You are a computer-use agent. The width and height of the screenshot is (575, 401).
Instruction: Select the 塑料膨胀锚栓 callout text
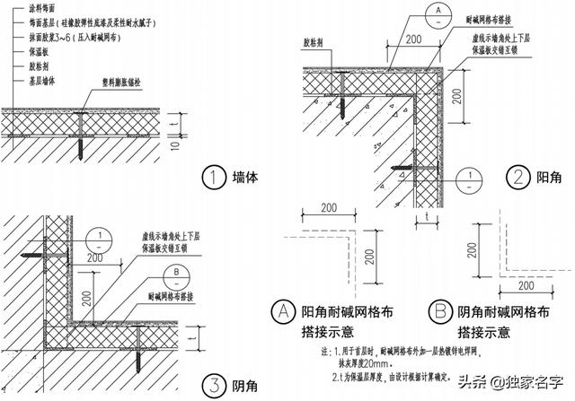coord(120,92)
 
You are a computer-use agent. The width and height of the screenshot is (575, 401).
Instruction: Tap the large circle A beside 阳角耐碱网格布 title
coord(284,312)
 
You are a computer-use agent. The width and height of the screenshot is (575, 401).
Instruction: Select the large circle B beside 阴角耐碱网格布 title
coord(440,312)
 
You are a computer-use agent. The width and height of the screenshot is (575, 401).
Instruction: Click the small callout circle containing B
coord(178,269)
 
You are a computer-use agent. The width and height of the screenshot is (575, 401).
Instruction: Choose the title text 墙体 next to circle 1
coord(245,178)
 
